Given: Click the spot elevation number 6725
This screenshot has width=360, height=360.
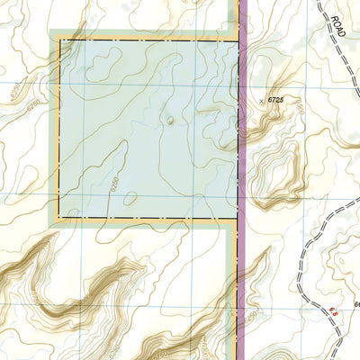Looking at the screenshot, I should coord(282,102).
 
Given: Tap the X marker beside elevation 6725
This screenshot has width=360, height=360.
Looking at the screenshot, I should coord(263,101).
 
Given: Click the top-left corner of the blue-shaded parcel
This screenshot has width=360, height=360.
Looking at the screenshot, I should coord(60,40).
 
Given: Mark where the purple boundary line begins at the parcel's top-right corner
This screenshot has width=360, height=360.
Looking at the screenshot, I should coord(240,40).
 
